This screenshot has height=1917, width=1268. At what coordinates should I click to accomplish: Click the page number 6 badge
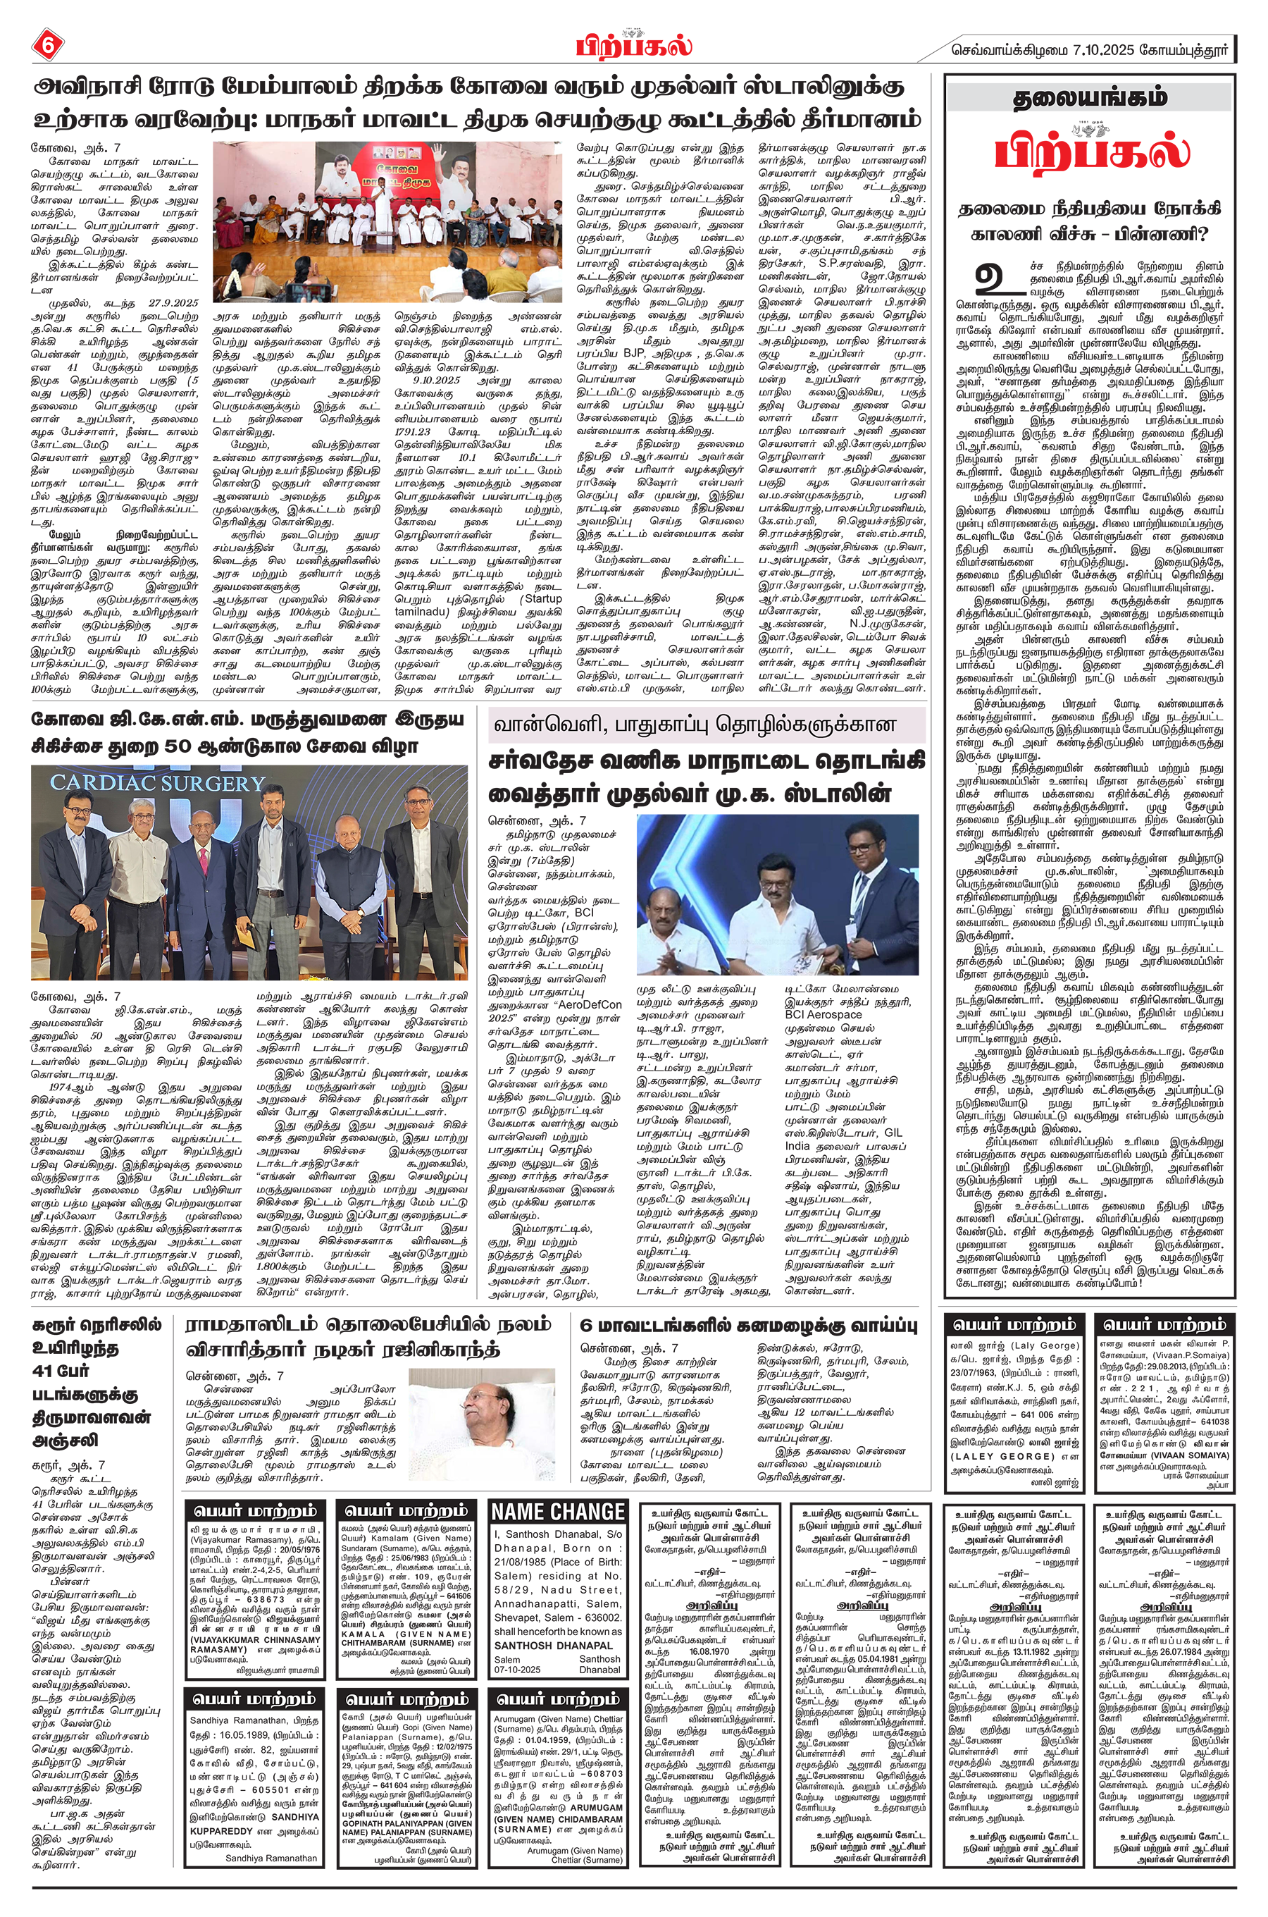(46, 45)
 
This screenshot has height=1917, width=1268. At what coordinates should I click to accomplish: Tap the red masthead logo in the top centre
(634, 44)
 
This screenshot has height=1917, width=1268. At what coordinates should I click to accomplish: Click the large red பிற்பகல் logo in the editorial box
(1092, 152)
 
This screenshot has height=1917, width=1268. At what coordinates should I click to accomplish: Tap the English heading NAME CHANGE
(558, 1512)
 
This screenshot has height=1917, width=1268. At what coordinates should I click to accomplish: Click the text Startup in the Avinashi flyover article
(543, 598)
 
